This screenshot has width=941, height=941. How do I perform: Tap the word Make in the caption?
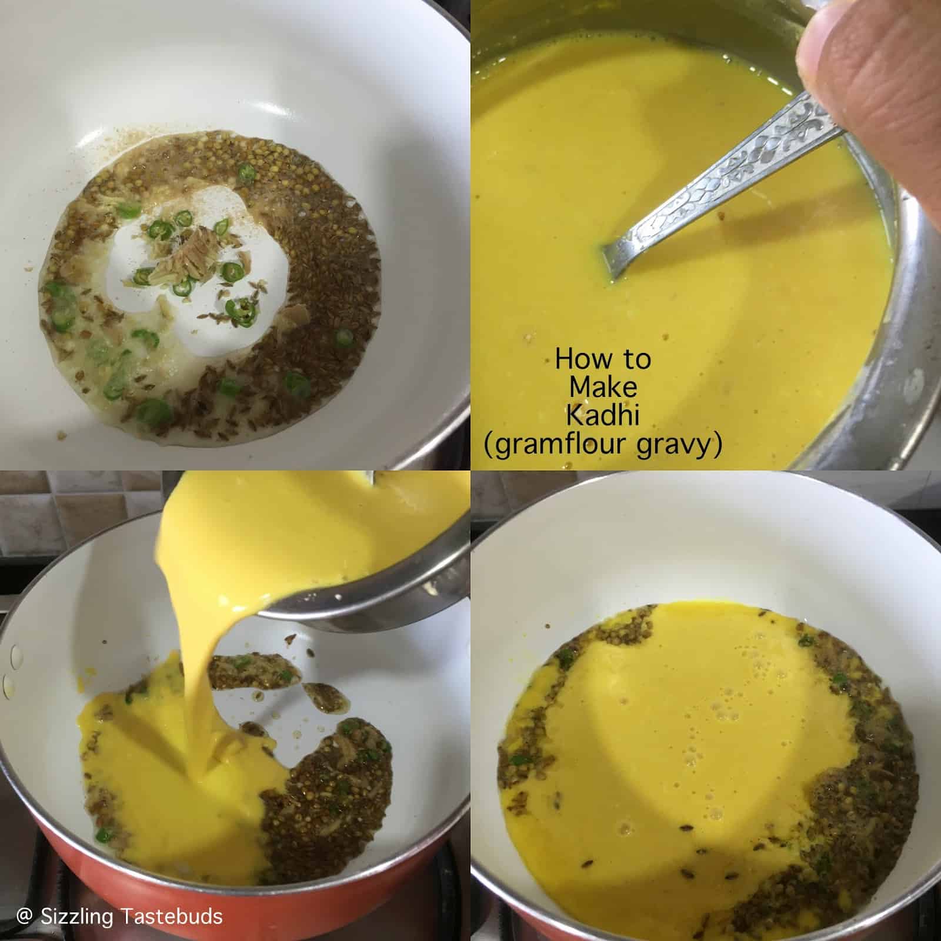pyautogui.click(x=603, y=387)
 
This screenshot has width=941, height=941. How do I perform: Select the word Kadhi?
pyautogui.click(x=603, y=415)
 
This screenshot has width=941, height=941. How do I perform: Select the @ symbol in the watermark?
pyautogui.click(x=24, y=916)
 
